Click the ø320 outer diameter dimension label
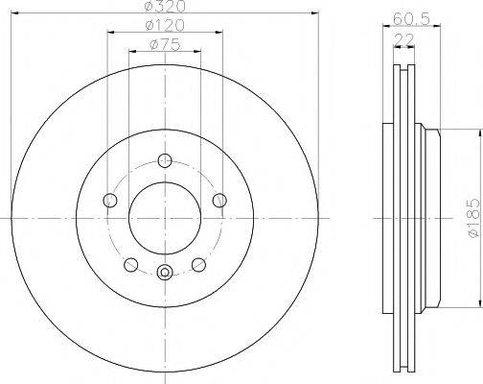[164, 8]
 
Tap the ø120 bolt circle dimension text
[164, 25]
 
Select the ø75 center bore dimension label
[165, 43]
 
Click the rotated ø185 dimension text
[472, 220]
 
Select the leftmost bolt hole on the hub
[109, 200]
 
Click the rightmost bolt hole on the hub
[220, 200]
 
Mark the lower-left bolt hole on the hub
[130, 264]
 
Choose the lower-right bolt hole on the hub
[198, 264]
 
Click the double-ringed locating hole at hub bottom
[165, 271]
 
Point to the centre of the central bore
[165, 219]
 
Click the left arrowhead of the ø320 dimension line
[17, 15]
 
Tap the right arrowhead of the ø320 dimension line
[313, 15]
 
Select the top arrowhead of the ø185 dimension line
[461, 132]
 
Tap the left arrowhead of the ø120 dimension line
[110, 33]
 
